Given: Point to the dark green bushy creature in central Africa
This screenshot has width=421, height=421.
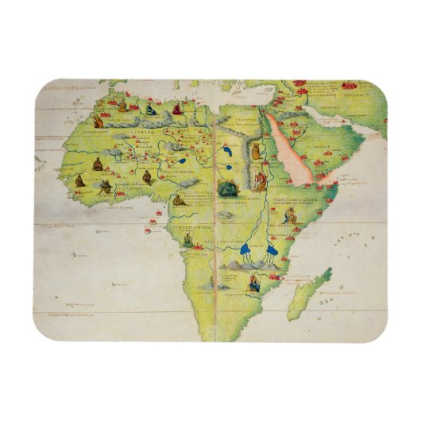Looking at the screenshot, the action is click(229, 187).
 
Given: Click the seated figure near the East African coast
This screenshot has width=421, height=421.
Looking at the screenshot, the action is click(280, 216).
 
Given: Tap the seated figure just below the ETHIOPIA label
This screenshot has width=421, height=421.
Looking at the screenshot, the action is click(188, 238).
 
